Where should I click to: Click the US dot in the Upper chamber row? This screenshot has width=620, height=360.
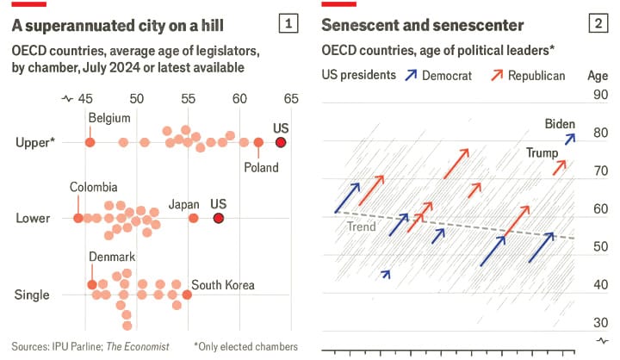[280, 142]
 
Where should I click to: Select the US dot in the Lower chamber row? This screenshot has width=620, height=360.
[219, 218]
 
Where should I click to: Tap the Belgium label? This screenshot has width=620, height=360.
[109, 118]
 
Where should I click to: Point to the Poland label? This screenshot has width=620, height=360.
[262, 167]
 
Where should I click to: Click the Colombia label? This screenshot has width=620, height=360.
[95, 187]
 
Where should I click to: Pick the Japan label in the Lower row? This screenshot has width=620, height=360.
[184, 204]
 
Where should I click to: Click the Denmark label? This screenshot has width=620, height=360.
[112, 257]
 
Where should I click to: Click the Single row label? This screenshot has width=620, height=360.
[32, 295]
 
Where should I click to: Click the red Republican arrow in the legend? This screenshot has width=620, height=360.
[498, 75]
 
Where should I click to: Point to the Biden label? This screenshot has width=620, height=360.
[560, 124]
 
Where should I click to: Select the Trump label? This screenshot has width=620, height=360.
[542, 152]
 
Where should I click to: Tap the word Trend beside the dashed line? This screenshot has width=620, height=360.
[361, 227]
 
